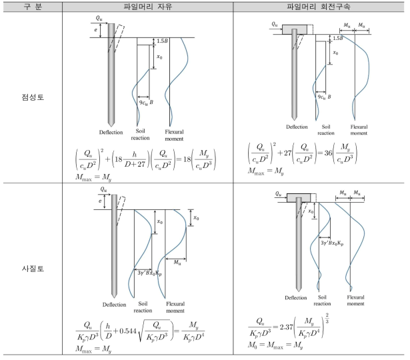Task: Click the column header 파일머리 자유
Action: click(x=148, y=6)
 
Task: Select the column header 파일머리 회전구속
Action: click(x=318, y=6)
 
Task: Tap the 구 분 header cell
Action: click(x=33, y=6)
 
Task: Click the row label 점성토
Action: click(x=33, y=97)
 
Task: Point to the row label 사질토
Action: click(x=33, y=269)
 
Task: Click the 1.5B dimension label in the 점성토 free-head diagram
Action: click(x=162, y=41)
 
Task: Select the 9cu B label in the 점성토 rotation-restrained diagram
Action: click(x=324, y=97)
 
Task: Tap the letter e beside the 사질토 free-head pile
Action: click(x=100, y=201)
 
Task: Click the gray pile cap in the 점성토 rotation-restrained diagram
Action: click(x=295, y=29)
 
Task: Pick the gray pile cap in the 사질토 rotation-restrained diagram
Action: click(x=299, y=197)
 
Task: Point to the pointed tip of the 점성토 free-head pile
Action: click(x=111, y=126)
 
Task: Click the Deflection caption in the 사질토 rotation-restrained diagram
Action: click(x=296, y=298)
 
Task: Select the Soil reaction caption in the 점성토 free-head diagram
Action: click(x=140, y=135)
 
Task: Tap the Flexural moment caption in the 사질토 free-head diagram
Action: click(x=175, y=307)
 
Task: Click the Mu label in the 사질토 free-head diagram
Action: click(x=177, y=262)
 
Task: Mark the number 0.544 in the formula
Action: click(x=128, y=331)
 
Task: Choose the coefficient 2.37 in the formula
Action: click(x=285, y=327)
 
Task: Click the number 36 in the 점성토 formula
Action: click(x=328, y=153)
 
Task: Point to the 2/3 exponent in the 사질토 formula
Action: click(x=327, y=318)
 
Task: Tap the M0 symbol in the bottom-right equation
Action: click(x=253, y=345)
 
